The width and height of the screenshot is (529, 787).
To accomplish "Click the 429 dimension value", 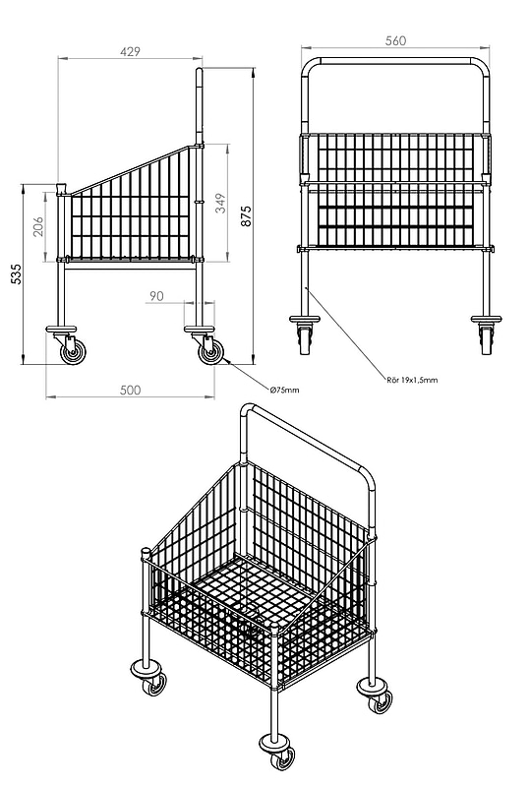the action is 131,51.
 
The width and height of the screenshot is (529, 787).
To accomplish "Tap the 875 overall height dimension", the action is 247,215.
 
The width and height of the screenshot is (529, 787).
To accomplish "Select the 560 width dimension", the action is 395,40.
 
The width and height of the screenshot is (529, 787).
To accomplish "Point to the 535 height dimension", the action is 17,274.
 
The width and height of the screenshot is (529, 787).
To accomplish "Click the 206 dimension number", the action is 39,226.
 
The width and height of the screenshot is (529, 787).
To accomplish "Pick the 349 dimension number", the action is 221,204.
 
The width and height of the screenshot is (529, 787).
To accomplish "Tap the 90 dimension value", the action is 156,296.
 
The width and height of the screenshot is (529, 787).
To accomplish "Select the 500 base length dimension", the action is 131,390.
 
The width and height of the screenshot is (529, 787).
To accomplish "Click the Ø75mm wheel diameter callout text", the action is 284,390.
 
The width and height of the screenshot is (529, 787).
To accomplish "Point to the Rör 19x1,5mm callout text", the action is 412,380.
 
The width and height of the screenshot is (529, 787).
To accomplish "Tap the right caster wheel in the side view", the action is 209,352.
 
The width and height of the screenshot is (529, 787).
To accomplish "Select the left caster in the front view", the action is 305,335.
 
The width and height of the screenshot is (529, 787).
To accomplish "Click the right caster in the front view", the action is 486,335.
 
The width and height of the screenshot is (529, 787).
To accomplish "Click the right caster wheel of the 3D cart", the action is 381,701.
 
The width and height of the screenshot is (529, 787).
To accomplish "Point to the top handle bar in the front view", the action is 395,61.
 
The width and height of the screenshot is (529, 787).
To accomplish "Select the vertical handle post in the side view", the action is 200,106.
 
